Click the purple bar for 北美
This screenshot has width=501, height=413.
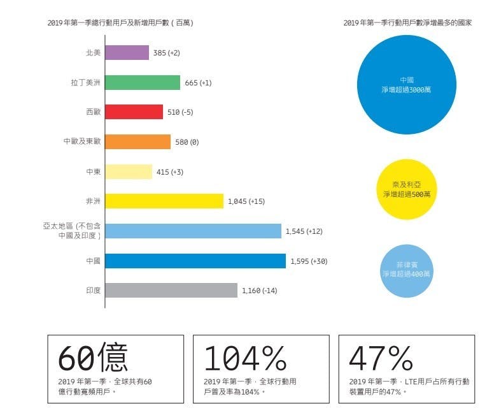click(x=127, y=53)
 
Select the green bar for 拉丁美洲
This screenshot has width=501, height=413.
click(x=142, y=83)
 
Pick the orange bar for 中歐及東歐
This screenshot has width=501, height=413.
click(x=138, y=141)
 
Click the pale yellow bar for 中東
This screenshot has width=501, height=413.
click(x=129, y=171)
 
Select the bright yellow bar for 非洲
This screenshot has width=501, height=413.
click(x=164, y=201)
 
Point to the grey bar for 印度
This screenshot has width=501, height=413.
click(x=171, y=291)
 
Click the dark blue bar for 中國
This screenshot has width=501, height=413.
click(x=195, y=261)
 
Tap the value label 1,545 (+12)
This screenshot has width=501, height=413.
click(x=304, y=231)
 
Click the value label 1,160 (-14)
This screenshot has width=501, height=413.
click(x=259, y=291)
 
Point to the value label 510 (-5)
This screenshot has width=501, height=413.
click(x=180, y=113)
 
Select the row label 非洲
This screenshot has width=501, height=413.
click(x=93, y=201)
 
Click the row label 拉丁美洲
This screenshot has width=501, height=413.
click(x=86, y=83)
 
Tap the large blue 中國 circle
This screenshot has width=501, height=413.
click(x=407, y=85)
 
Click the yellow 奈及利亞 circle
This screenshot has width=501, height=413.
click(x=407, y=189)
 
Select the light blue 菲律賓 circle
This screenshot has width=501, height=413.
click(x=407, y=270)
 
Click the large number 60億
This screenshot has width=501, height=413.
click(x=93, y=358)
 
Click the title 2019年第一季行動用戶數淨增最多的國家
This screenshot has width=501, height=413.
click(x=407, y=23)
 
